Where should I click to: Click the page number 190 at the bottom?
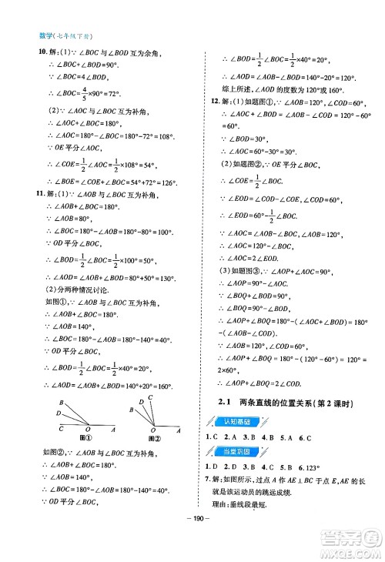192,536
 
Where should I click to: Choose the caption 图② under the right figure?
153,438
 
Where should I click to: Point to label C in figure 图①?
59,429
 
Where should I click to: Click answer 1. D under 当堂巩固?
210,467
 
